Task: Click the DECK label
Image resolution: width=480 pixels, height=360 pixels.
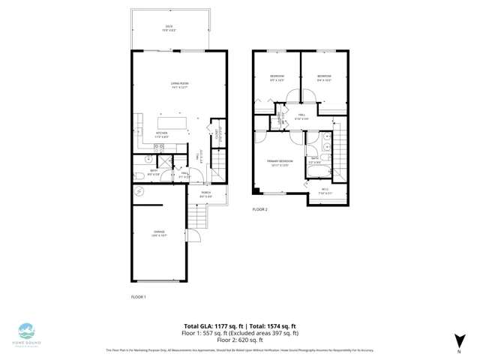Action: (169, 28)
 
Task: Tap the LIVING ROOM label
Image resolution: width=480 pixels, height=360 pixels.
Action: (178, 85)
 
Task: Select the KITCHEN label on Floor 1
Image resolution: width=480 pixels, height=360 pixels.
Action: (161, 135)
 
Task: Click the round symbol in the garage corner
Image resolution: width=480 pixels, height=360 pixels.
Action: (139, 192)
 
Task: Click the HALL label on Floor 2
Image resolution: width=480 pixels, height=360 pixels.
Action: (301, 116)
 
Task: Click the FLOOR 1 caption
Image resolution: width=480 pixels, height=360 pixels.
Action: (138, 297)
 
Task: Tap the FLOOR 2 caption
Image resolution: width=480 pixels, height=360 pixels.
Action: (259, 209)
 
